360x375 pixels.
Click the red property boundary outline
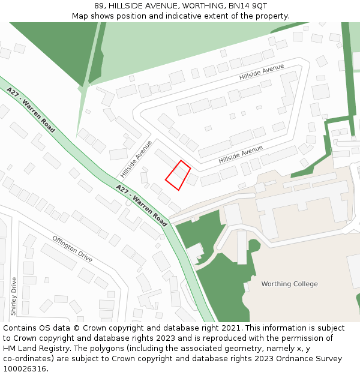(178, 175)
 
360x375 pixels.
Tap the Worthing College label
(289, 284)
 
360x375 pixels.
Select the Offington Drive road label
(72, 248)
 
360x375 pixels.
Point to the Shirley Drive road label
(14, 296)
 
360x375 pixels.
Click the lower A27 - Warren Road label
(142, 205)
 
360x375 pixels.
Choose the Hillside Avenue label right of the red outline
(241, 155)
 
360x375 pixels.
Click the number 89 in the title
(99, 6)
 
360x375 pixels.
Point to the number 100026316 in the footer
(25, 369)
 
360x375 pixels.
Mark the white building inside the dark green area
(194, 251)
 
